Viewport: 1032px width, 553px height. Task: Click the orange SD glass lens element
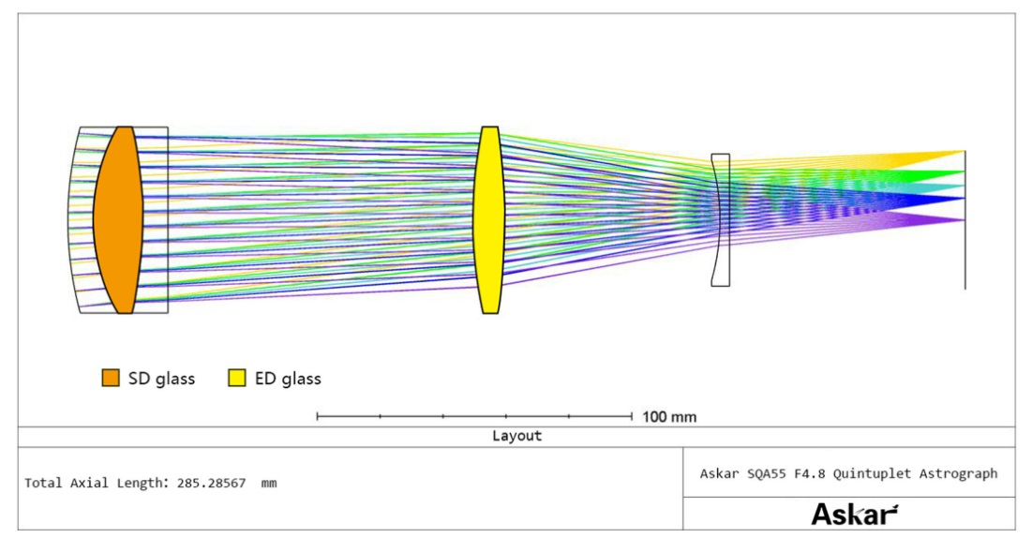click(x=118, y=220)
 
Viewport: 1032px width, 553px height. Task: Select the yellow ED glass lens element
click(x=489, y=220)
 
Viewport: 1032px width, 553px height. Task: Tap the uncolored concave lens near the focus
click(x=721, y=220)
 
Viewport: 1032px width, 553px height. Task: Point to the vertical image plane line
click(x=965, y=220)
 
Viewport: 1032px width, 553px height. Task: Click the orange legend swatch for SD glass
click(x=111, y=378)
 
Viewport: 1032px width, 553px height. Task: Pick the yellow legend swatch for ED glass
click(x=237, y=378)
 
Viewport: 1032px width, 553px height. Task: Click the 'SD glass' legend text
click(x=161, y=379)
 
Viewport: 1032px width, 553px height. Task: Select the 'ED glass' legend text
click(x=288, y=379)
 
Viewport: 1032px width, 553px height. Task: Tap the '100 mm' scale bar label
click(x=668, y=417)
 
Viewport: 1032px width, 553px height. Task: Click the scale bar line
click(x=474, y=416)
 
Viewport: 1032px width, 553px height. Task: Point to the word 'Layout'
click(x=516, y=436)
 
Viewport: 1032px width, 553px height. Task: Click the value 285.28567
click(x=211, y=484)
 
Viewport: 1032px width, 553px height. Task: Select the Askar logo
click(x=854, y=514)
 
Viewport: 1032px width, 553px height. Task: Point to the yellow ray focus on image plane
click(x=964, y=152)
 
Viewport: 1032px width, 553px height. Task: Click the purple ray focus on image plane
click(x=964, y=220)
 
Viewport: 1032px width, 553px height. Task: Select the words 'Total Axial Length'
click(x=94, y=484)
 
